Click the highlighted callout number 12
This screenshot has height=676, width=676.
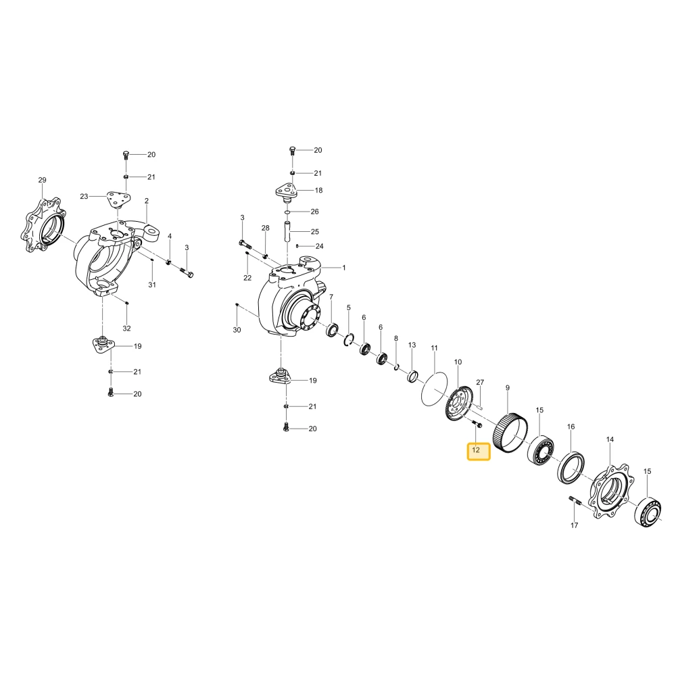(x=476, y=450)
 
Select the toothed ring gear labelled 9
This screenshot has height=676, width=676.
(x=510, y=432)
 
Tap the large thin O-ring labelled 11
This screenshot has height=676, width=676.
(x=435, y=389)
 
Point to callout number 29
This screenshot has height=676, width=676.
(x=42, y=180)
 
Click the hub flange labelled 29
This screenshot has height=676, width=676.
(x=43, y=225)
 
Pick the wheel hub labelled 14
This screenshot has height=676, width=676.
(x=609, y=492)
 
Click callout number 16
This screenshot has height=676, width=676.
(x=571, y=427)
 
